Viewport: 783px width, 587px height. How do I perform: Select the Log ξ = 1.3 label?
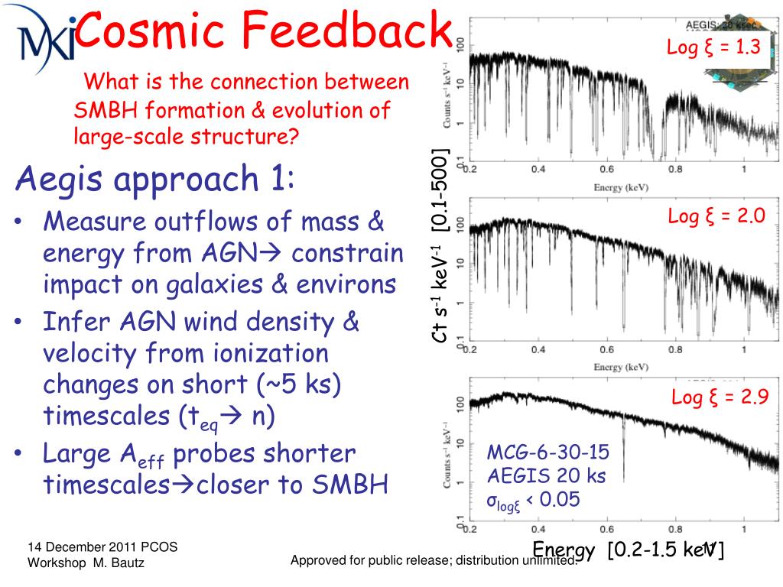(x=713, y=47)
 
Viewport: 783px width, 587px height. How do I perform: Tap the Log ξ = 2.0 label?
(x=716, y=216)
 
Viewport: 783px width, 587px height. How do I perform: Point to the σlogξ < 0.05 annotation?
(x=534, y=501)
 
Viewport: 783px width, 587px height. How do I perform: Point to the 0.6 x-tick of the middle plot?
(x=607, y=350)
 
